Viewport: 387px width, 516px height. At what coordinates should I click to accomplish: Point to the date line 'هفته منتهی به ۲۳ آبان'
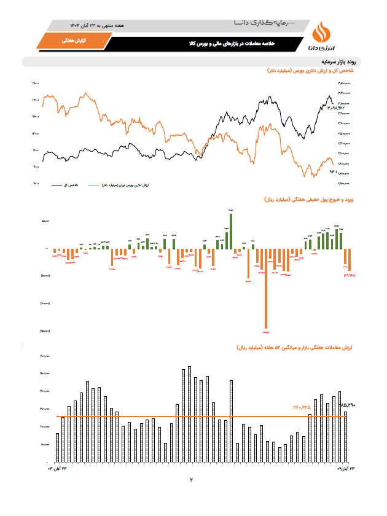98,26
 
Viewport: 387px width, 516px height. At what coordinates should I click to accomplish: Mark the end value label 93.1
335,171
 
